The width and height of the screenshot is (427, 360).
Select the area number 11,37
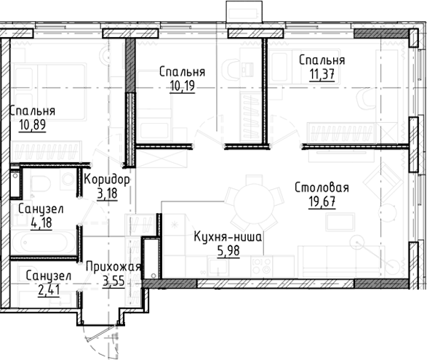[321, 74]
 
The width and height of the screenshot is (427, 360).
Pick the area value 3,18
[108, 193]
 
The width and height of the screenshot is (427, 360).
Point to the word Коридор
[107, 180]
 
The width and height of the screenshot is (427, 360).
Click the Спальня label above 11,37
[321, 60]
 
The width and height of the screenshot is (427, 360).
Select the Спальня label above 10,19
[181, 72]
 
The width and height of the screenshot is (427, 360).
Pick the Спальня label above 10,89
[32, 111]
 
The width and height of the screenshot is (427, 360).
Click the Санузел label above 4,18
[41, 209]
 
